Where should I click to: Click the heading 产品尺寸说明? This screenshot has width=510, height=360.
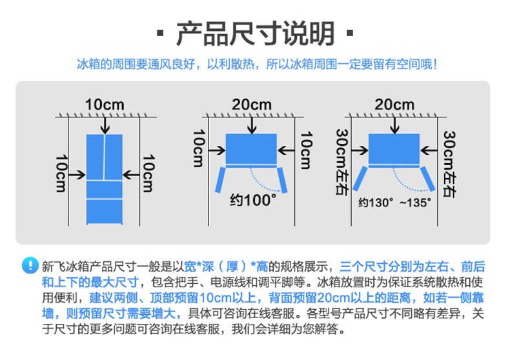[256, 34]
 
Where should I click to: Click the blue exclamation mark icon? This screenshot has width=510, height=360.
[30, 265]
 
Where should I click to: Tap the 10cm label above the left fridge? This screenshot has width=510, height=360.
[105, 105]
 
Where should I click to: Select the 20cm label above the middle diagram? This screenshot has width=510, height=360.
[251, 105]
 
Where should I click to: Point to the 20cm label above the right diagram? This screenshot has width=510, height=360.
[394, 105]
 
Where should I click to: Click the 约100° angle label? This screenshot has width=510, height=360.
[253, 200]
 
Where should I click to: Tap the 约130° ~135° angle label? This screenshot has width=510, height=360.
[394, 203]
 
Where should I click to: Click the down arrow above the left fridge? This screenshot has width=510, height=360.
[105, 125]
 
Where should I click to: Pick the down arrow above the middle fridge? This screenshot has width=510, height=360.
[252, 125]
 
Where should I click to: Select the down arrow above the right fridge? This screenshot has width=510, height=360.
[394, 125]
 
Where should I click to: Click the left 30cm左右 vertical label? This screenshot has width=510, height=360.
[342, 162]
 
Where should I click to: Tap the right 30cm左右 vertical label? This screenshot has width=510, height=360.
[449, 163]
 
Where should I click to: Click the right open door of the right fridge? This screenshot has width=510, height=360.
[427, 178]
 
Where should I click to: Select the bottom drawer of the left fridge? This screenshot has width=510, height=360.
[105, 211]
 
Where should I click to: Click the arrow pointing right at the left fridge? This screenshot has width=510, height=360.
[77, 175]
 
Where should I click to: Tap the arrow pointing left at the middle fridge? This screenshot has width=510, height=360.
[286, 150]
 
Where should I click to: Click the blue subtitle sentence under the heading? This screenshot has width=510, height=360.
[256, 64]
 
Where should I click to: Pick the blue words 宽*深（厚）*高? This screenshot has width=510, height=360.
[226, 266]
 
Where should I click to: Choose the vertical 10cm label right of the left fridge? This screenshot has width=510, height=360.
[148, 173]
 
